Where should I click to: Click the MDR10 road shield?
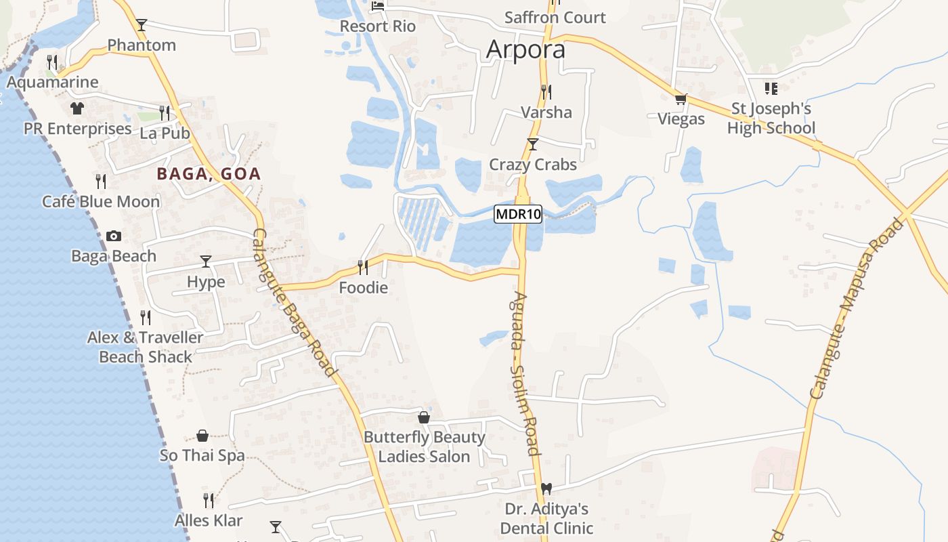519,215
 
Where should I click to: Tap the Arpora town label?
525,49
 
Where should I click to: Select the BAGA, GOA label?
209,174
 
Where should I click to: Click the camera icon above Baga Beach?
114,236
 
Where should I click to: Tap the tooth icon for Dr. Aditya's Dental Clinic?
547,488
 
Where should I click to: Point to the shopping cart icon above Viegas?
681,100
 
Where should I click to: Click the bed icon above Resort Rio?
378,6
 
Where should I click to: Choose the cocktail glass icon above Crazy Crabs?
533,144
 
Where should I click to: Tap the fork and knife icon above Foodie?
363,267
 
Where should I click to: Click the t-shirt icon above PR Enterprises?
77,108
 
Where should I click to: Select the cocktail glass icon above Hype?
206,261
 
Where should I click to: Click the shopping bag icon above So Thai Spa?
202,435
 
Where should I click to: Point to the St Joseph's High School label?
771,119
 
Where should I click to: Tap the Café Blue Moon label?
101,201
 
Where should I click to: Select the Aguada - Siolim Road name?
525,373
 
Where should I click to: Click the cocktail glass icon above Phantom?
142,25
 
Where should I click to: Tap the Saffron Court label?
555,18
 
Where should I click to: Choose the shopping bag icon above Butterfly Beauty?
424,417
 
